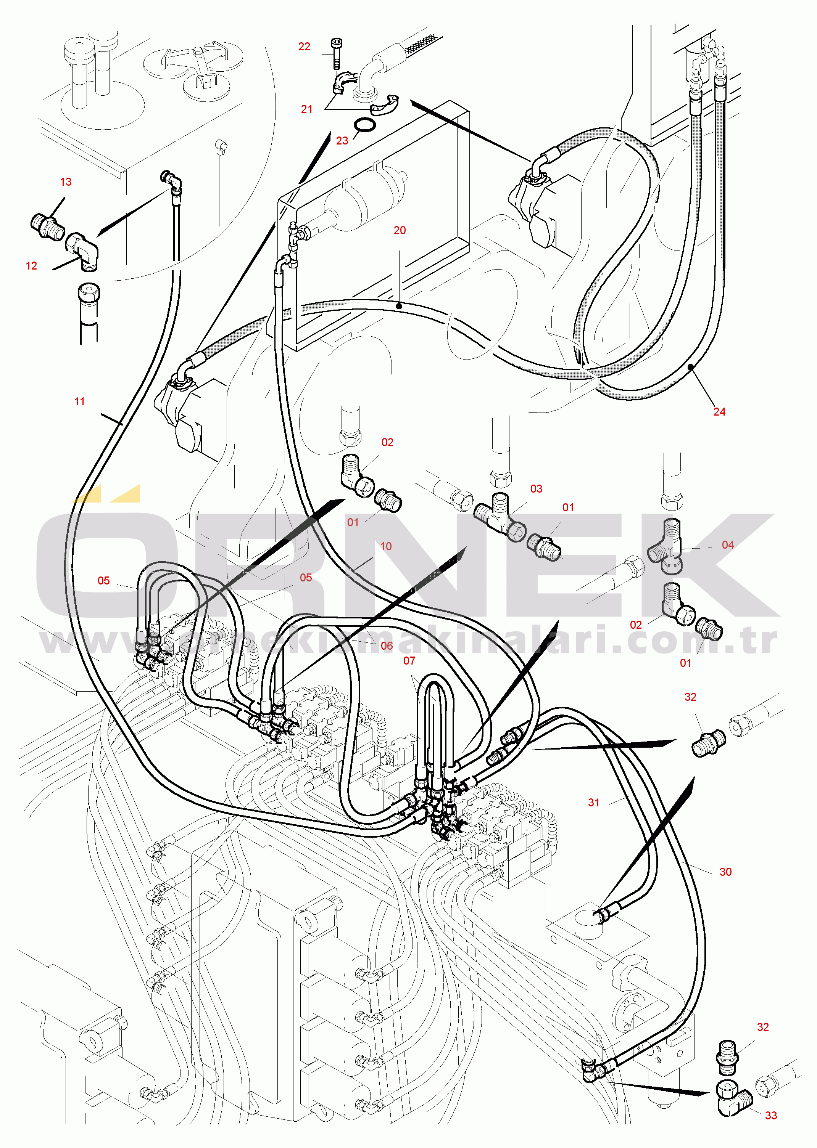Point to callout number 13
tap(66, 182)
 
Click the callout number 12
tap(31, 266)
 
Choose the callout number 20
tap(400, 230)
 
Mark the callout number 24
tap(719, 412)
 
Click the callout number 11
tap(79, 401)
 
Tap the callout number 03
tap(536, 488)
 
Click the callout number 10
tap(386, 546)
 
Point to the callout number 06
tap(386, 646)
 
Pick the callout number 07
tap(409, 661)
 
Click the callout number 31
tap(594, 803)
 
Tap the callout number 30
tap(725, 872)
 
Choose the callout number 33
tap(771, 1115)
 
